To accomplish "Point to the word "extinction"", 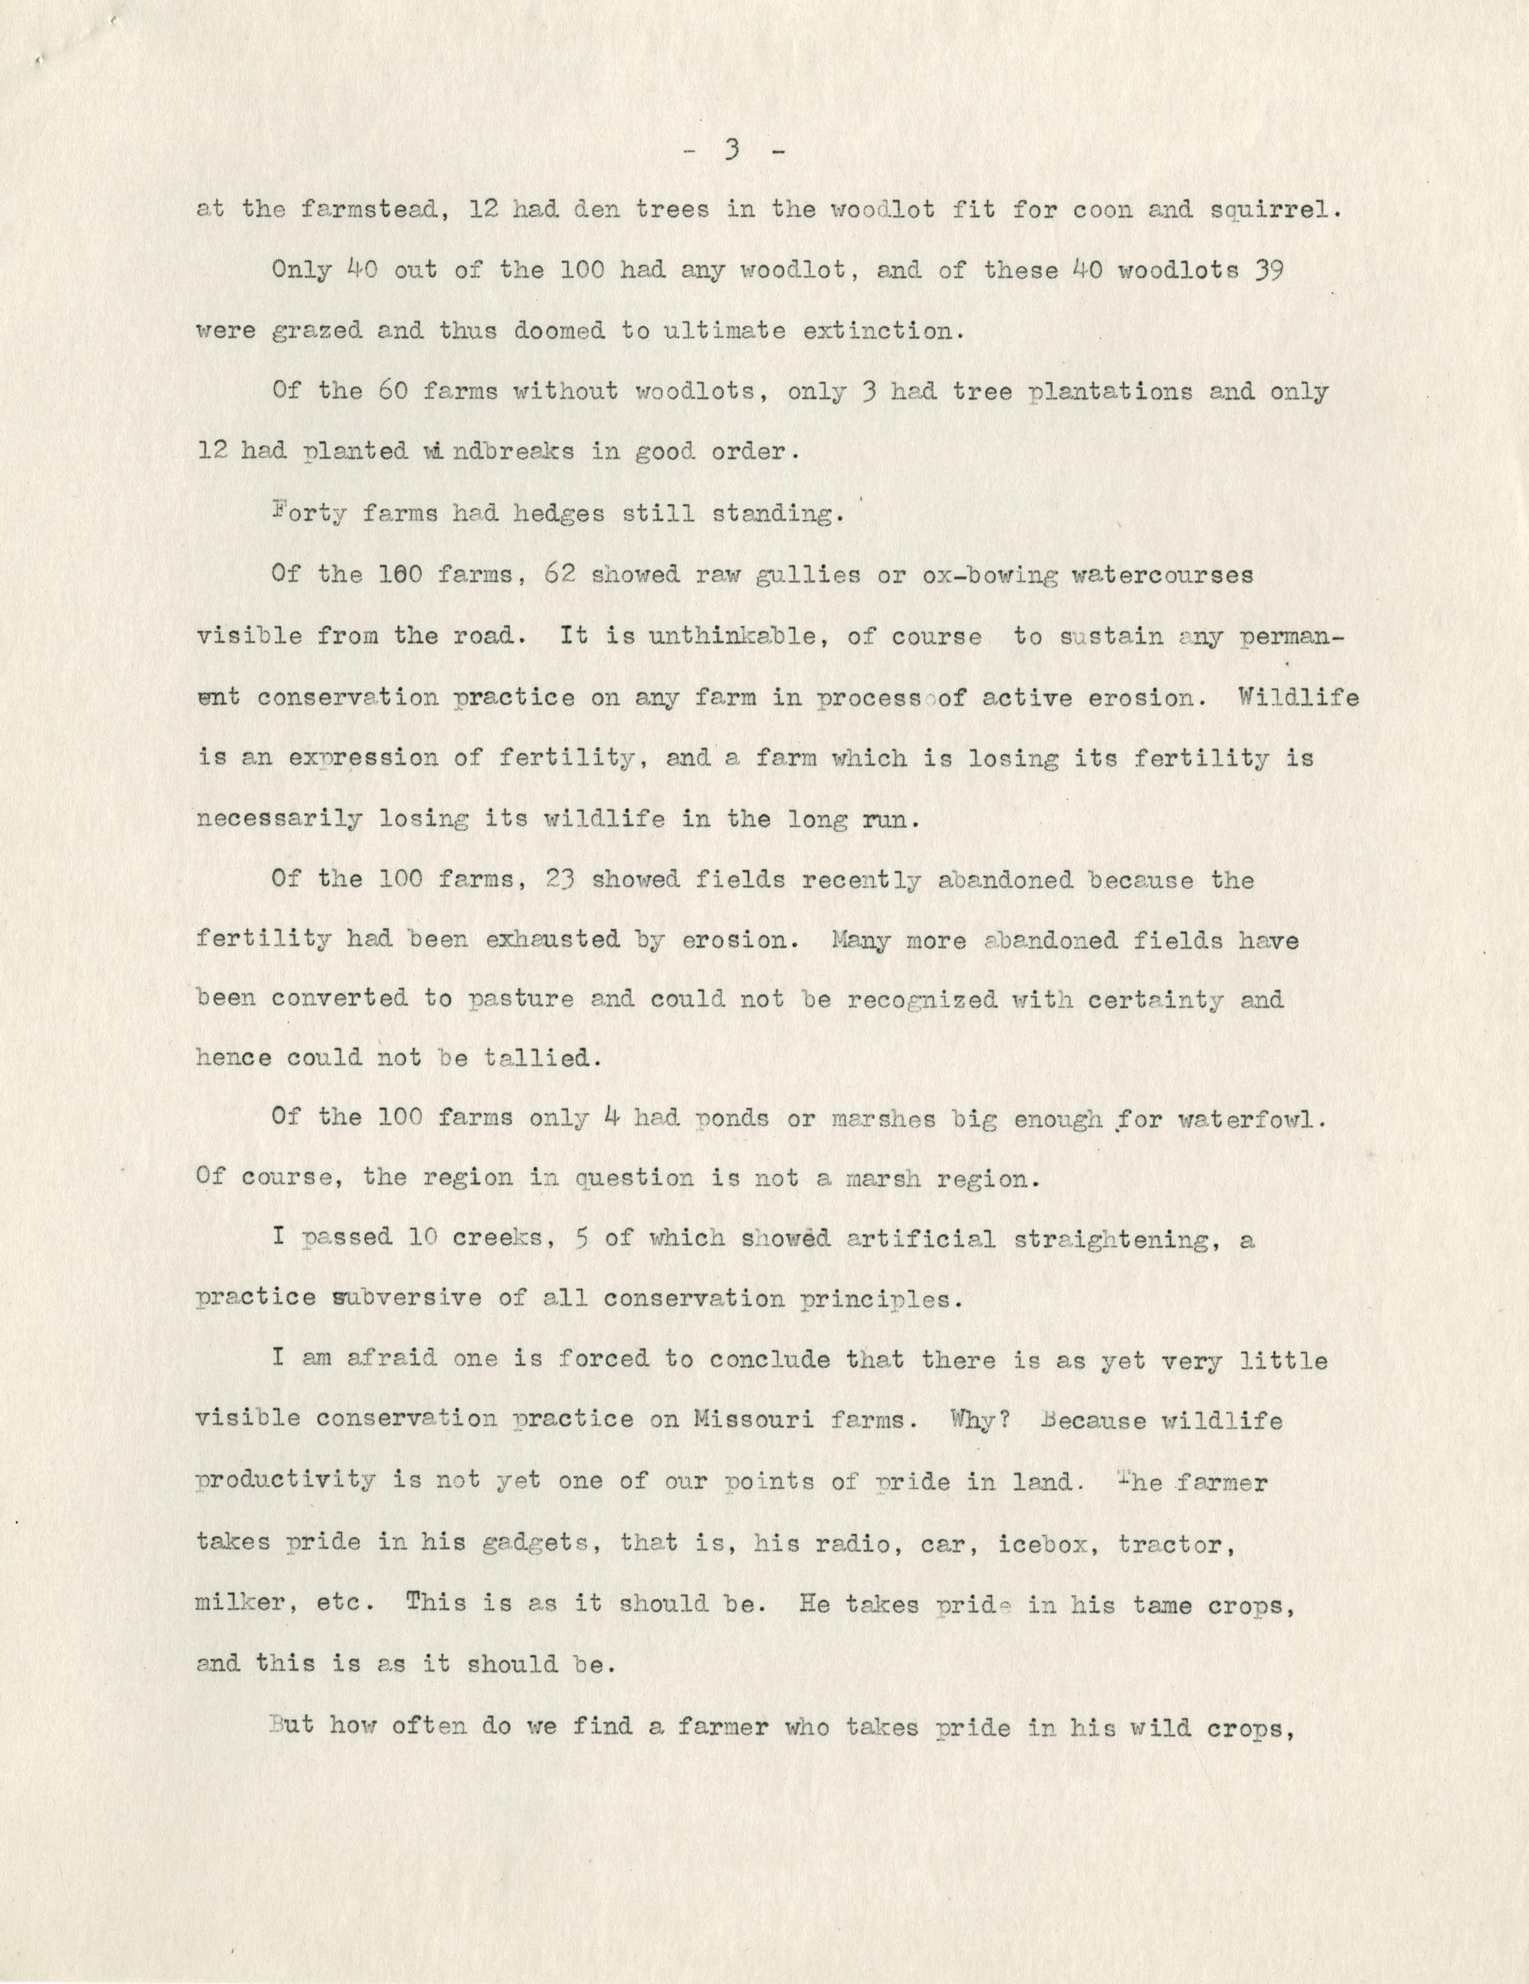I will (x=880, y=331).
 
